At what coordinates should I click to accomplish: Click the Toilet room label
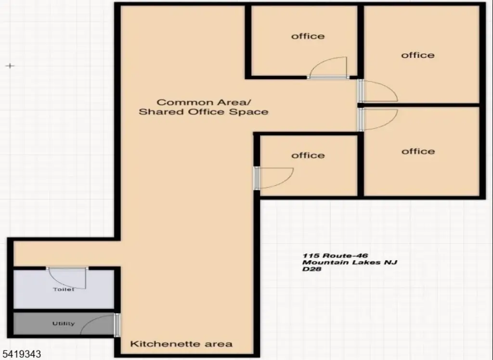pos(64,289)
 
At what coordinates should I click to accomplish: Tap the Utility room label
pos(64,323)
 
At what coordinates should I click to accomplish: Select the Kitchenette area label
pos(182,344)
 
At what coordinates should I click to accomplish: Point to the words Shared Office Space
pos(203,112)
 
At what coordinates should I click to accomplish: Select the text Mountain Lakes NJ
pos(350,262)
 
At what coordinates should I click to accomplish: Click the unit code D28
pos(311,269)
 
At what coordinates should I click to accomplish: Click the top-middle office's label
pos(308,36)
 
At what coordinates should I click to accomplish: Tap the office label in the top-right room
pos(418,55)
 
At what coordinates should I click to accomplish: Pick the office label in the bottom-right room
pos(418,151)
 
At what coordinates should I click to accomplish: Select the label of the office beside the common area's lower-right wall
pos(308,155)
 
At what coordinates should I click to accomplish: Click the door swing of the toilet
pos(70,280)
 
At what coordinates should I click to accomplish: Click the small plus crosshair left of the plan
pos(10,65)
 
